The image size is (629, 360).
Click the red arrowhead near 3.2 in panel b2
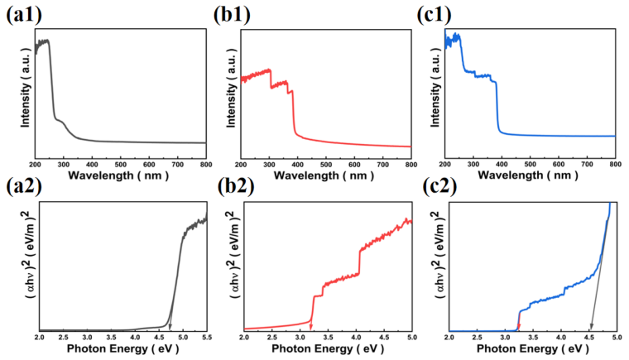tap(311, 328)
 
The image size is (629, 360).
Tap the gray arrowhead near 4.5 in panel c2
tap(591, 328)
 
